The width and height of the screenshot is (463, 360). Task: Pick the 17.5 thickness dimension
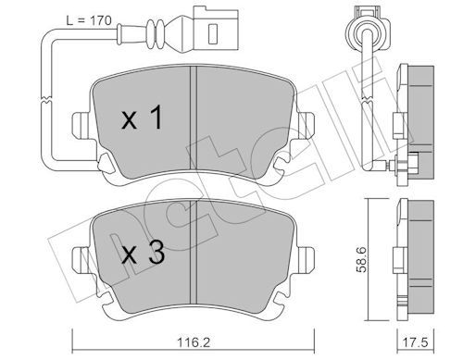(x=413, y=341)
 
